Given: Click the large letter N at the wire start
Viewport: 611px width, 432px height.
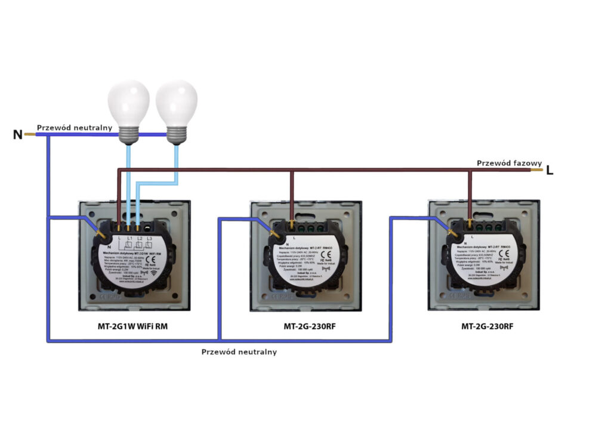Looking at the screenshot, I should point(18,135).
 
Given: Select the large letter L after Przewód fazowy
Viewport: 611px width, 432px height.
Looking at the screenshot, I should point(550,171).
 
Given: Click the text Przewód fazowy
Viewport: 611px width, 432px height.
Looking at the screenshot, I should point(509,163).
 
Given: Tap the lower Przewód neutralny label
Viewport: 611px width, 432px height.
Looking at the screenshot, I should point(239,351).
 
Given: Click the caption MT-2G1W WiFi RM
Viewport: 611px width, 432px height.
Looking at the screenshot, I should point(134,326).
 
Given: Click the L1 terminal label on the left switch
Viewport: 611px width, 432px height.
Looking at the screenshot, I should point(128,239).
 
